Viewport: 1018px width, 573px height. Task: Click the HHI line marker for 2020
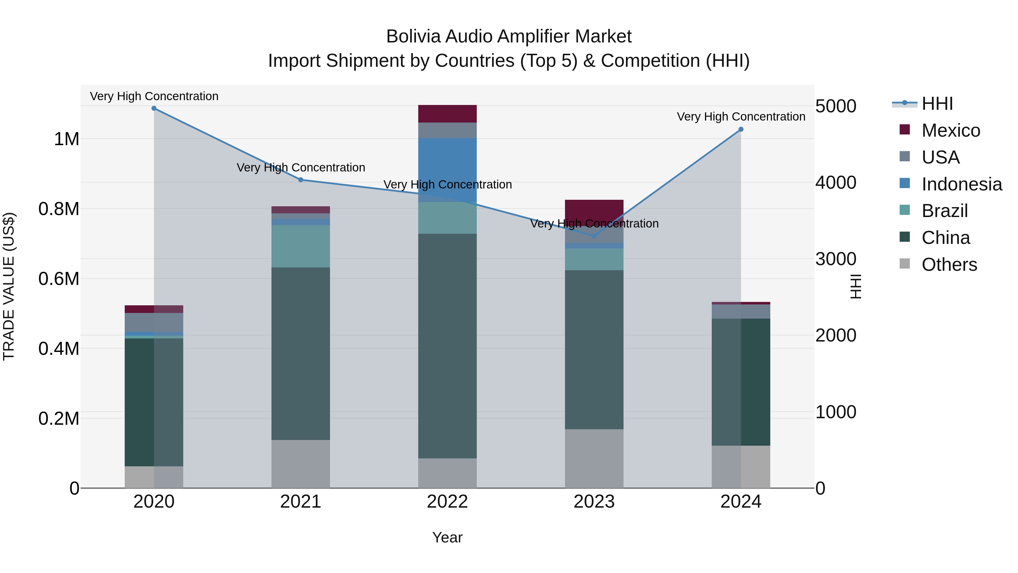coord(154,108)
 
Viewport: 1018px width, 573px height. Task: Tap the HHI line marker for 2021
coord(301,180)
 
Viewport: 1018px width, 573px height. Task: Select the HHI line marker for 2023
coord(594,236)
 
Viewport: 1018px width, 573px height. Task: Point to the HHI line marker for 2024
coord(741,129)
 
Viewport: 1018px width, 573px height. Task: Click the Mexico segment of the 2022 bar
coord(447,114)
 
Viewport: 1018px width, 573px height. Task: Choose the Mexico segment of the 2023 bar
coord(594,210)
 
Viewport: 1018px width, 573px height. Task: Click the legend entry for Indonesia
coord(961,184)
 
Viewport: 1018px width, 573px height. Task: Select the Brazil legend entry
coord(944,211)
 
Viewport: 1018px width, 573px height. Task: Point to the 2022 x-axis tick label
coord(447,502)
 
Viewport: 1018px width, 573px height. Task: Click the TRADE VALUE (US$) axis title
coord(9,286)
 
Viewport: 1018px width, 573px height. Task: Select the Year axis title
coord(447,537)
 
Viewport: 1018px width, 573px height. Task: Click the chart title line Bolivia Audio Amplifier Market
coord(509,37)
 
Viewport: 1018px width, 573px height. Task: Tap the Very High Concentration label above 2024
coord(741,117)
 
